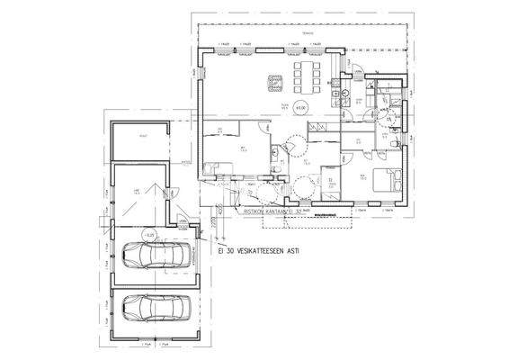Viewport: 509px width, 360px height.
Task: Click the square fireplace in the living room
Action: [x=273, y=83]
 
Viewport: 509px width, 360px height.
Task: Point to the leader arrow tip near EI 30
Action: [x=205, y=238]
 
